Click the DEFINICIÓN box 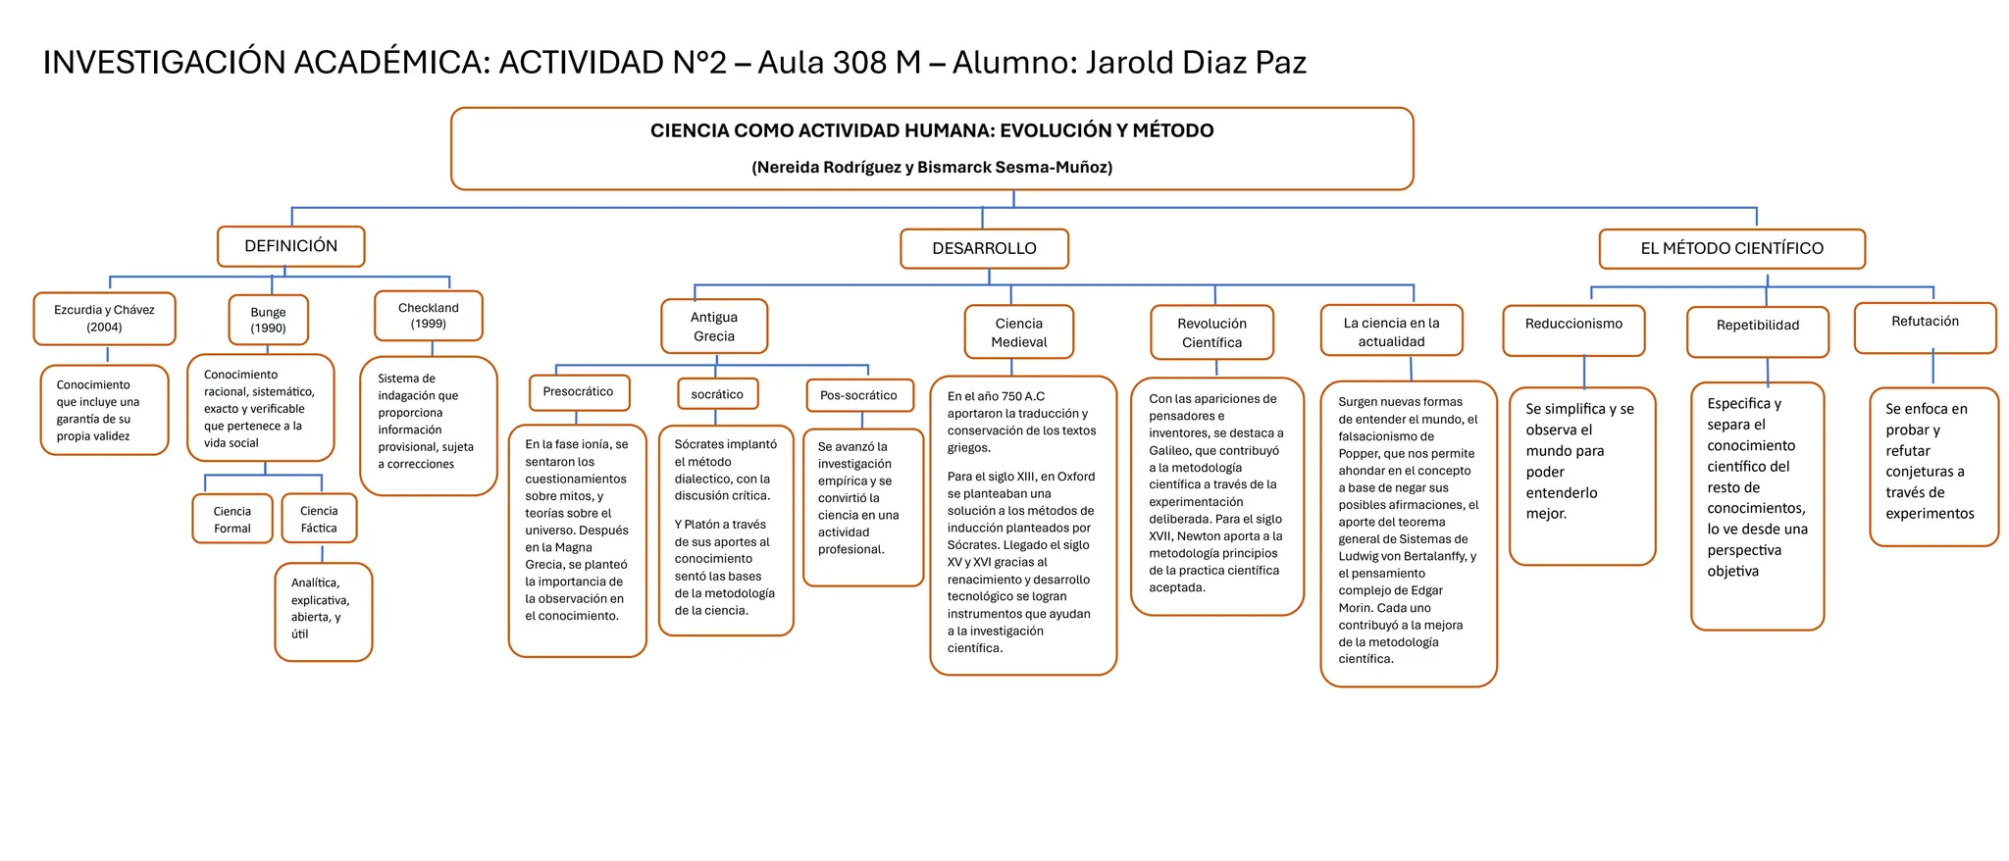tap(290, 246)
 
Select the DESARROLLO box tap(984, 249)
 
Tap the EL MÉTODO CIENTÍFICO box tap(1731, 249)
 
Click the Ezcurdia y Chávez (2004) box tap(104, 319)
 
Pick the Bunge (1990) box tap(268, 320)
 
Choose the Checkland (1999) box tap(428, 316)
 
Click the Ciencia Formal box tap(232, 519)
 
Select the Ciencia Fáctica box tap(319, 519)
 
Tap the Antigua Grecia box tap(713, 327)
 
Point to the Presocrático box tap(579, 392)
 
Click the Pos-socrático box tap(858, 395)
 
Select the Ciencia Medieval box tap(1019, 332)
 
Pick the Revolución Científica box tap(1211, 332)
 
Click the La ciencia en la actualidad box tap(1391, 331)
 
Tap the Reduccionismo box tap(1573, 330)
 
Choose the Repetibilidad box tap(1757, 331)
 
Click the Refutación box tap(1925, 328)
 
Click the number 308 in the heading tap(858, 63)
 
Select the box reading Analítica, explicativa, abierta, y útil tap(323, 611)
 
